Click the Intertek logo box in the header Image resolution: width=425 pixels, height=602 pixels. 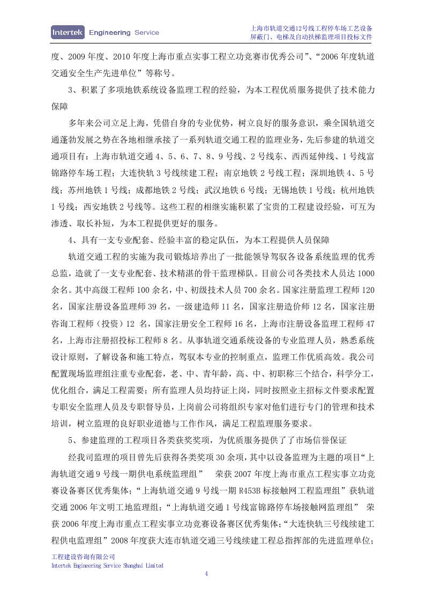click(68, 32)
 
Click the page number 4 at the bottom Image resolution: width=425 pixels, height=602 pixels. click(206, 574)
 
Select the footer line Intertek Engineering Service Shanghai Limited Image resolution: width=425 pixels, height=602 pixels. click(107, 566)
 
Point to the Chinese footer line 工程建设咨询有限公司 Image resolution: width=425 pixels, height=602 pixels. click(83, 557)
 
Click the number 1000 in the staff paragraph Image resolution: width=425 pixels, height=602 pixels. click(366, 273)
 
